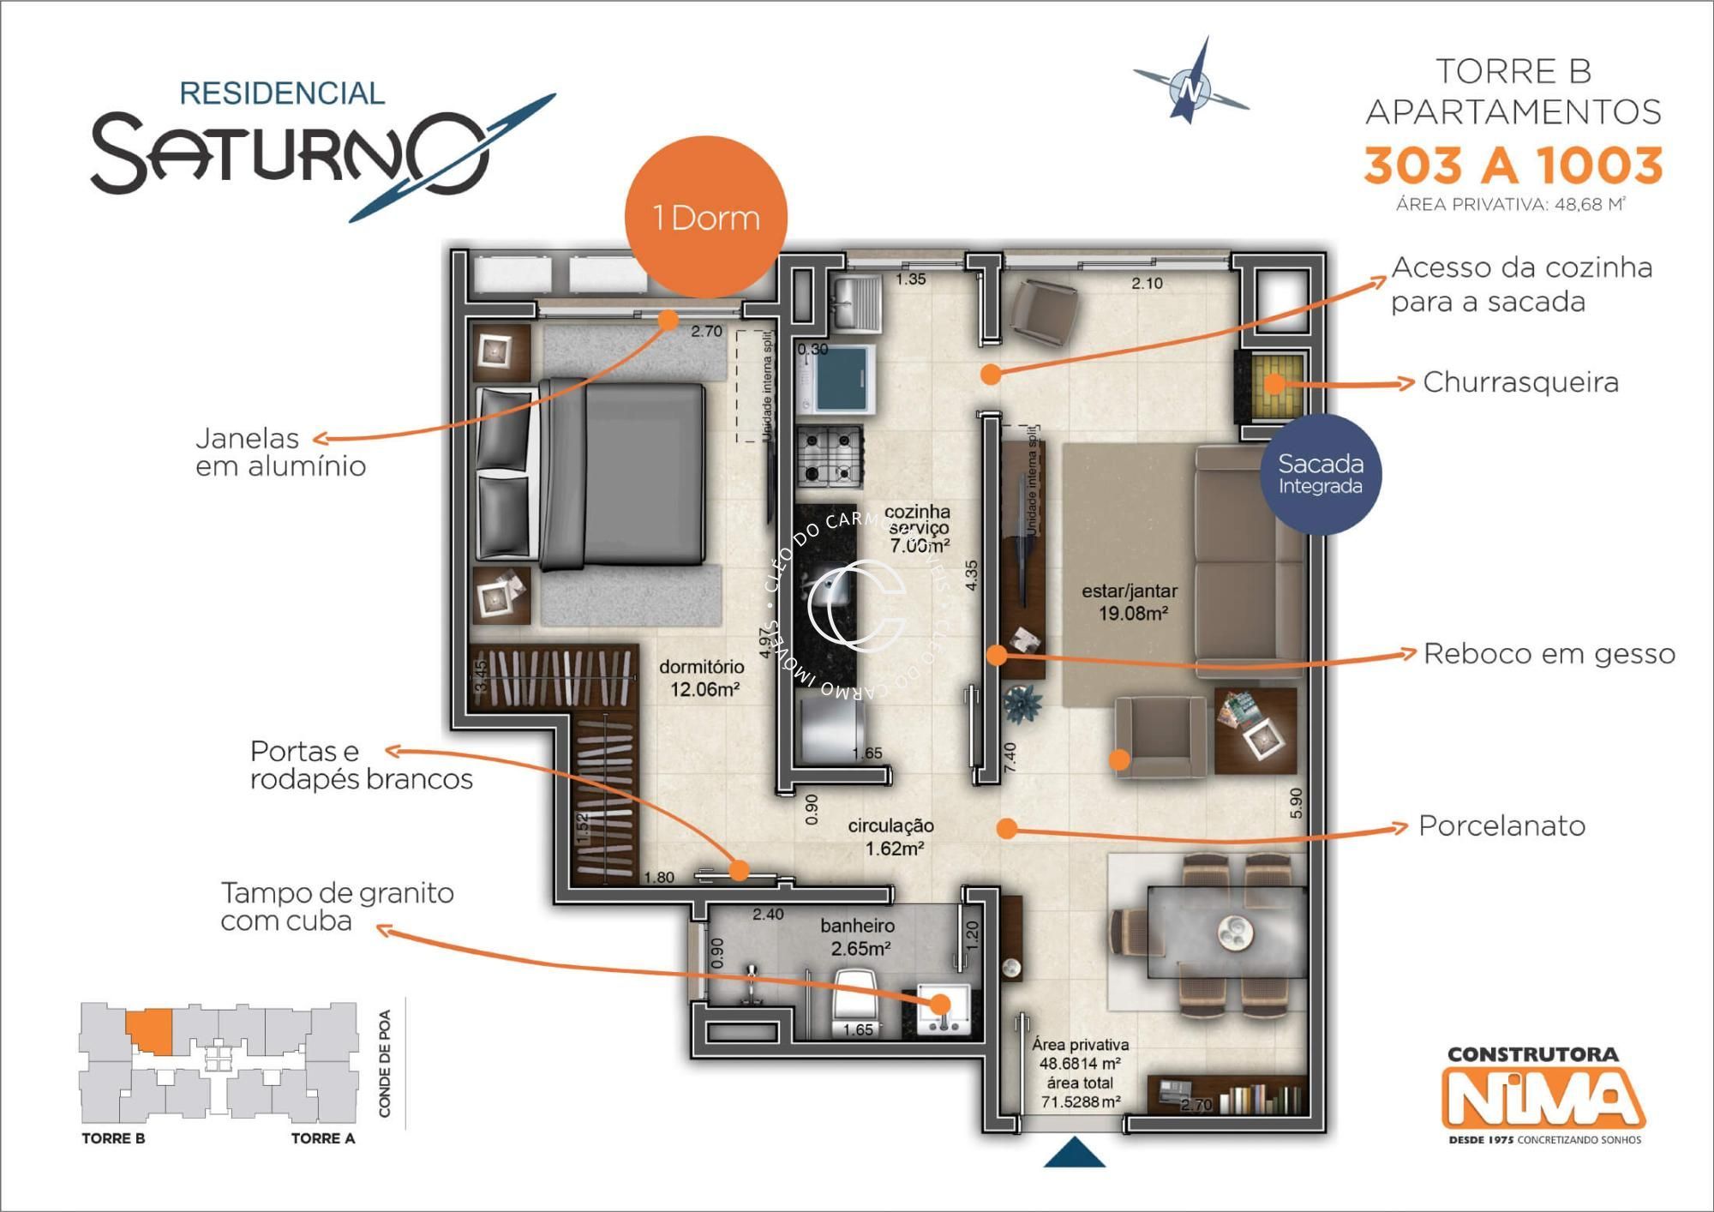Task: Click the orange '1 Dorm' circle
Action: coord(706,217)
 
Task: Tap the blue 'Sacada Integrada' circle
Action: coord(1320,474)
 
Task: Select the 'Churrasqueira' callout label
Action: coord(1520,382)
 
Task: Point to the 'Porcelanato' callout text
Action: coord(1501,826)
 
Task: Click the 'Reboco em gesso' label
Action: coord(1549,654)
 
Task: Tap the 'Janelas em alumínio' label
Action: coord(280,452)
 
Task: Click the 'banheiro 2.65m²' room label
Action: coord(858,937)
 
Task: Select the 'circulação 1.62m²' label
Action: coord(891,837)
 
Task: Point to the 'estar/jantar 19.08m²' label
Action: coord(1130,602)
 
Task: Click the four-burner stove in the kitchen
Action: coord(830,457)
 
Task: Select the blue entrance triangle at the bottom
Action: coord(1075,1154)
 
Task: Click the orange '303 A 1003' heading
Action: coord(1513,165)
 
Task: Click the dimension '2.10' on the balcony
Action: coord(1147,284)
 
